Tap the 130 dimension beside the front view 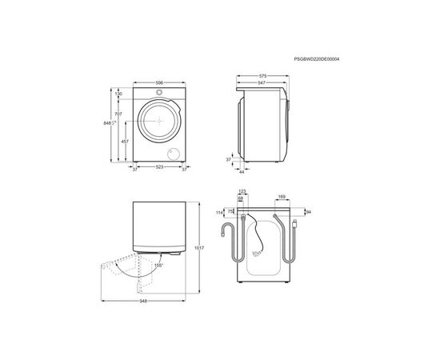(118, 94)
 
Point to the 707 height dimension (118, 115)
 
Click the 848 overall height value (108, 124)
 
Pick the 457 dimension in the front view (125, 142)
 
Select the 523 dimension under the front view (160, 167)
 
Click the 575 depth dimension (263, 76)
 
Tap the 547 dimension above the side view (262, 82)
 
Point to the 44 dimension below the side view (242, 172)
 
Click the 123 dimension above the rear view (242, 191)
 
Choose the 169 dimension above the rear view (281, 196)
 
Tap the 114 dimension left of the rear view (220, 212)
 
